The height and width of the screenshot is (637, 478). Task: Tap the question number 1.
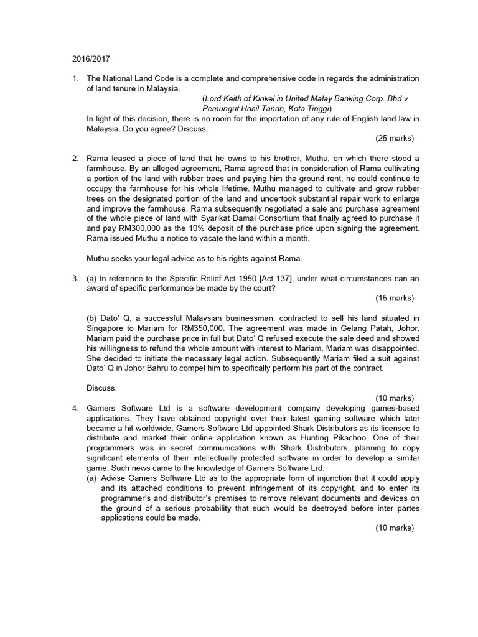click(75, 78)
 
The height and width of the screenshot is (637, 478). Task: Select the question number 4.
click(75, 407)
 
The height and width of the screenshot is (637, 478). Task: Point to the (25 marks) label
click(395, 137)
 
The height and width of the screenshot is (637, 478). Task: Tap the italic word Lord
click(215, 98)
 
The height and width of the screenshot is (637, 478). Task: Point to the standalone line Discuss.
click(101, 388)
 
